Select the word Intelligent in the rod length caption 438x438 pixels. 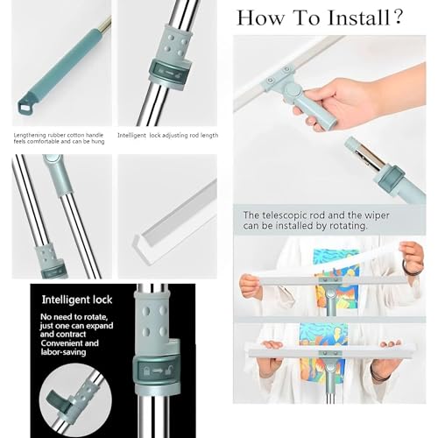(135, 135)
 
